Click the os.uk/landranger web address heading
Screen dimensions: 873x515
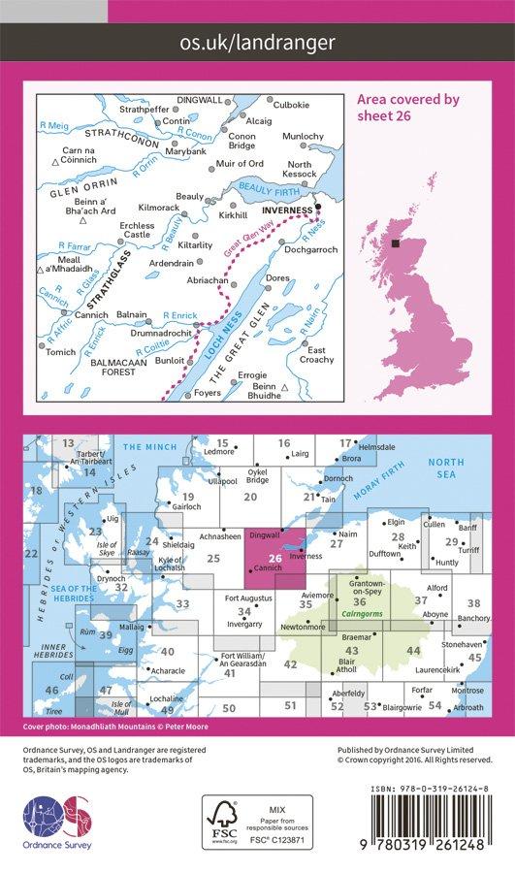(257, 42)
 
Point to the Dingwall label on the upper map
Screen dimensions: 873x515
(199, 99)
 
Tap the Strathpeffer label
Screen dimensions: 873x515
(143, 109)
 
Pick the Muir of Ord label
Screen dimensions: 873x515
(239, 162)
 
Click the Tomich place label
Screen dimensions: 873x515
(60, 351)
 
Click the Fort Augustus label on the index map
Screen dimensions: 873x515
(245, 598)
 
